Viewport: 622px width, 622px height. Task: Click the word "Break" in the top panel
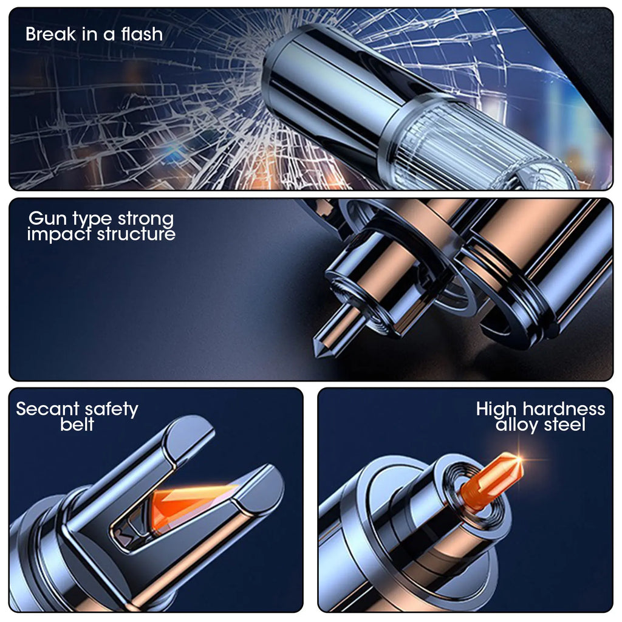tap(50, 34)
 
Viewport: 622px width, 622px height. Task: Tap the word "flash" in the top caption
tap(142, 34)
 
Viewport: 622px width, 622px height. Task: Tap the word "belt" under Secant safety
tap(77, 424)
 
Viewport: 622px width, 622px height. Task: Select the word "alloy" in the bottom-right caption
tap(517, 425)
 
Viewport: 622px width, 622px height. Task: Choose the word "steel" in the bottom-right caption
tap(564, 425)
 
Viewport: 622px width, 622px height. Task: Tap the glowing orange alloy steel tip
tap(492, 481)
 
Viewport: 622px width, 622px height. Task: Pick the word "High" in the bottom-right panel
tap(496, 409)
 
